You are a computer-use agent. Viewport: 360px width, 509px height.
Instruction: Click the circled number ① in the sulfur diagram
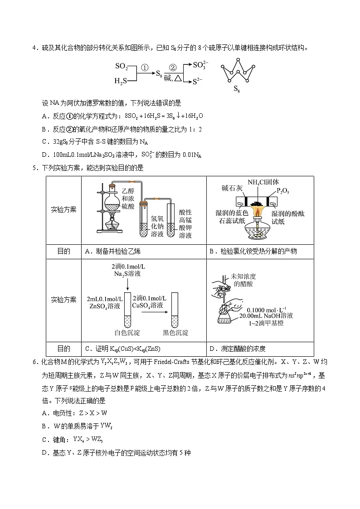click(145, 67)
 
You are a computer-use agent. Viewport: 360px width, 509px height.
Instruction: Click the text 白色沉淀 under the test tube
click(128, 333)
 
